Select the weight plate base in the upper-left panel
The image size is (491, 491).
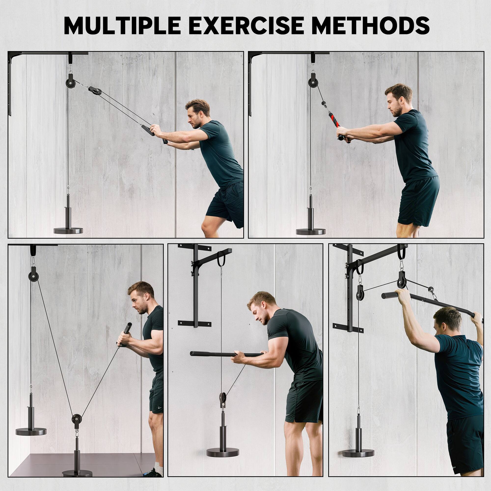[68, 231]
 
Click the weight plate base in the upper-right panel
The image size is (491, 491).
[311, 231]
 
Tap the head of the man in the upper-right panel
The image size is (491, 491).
[398, 100]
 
